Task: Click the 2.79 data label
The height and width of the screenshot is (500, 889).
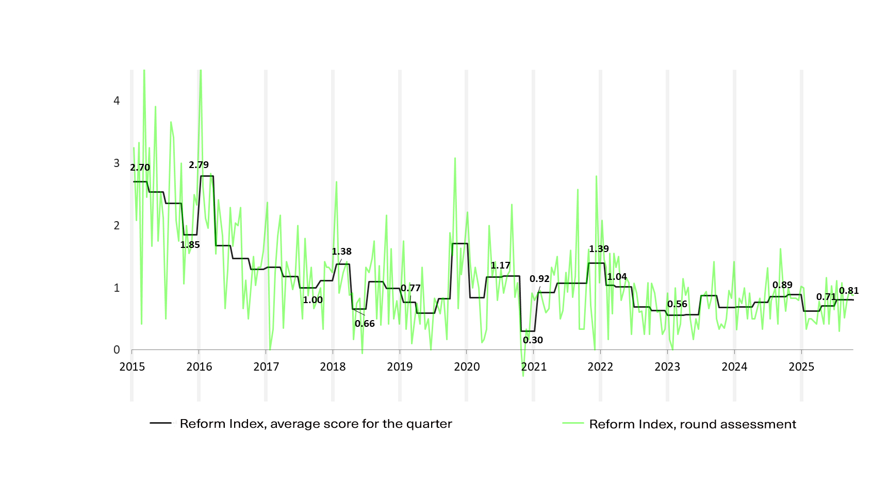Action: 199,165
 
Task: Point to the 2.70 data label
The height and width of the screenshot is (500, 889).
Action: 140,168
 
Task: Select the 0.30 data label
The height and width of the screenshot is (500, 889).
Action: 533,340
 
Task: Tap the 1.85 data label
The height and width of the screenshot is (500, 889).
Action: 190,245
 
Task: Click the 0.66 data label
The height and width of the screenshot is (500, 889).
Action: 365,324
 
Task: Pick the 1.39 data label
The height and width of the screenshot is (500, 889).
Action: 599,249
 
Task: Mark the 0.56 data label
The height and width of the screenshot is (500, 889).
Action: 677,304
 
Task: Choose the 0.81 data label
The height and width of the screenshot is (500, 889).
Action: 849,291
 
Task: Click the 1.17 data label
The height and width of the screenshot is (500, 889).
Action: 500,265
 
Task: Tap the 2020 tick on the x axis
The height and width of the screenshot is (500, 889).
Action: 467,366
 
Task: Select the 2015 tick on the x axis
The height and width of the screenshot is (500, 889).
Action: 132,366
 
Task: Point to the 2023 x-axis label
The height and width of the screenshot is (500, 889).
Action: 667,366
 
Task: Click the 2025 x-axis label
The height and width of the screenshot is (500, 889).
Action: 801,366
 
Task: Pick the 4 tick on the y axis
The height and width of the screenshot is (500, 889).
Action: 117,101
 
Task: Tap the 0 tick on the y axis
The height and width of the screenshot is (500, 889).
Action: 117,350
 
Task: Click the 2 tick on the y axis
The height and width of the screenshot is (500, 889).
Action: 117,226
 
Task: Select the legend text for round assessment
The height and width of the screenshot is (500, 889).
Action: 693,424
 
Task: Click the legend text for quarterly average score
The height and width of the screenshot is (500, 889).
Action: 316,424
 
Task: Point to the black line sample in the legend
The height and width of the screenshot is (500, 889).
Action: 160,423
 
